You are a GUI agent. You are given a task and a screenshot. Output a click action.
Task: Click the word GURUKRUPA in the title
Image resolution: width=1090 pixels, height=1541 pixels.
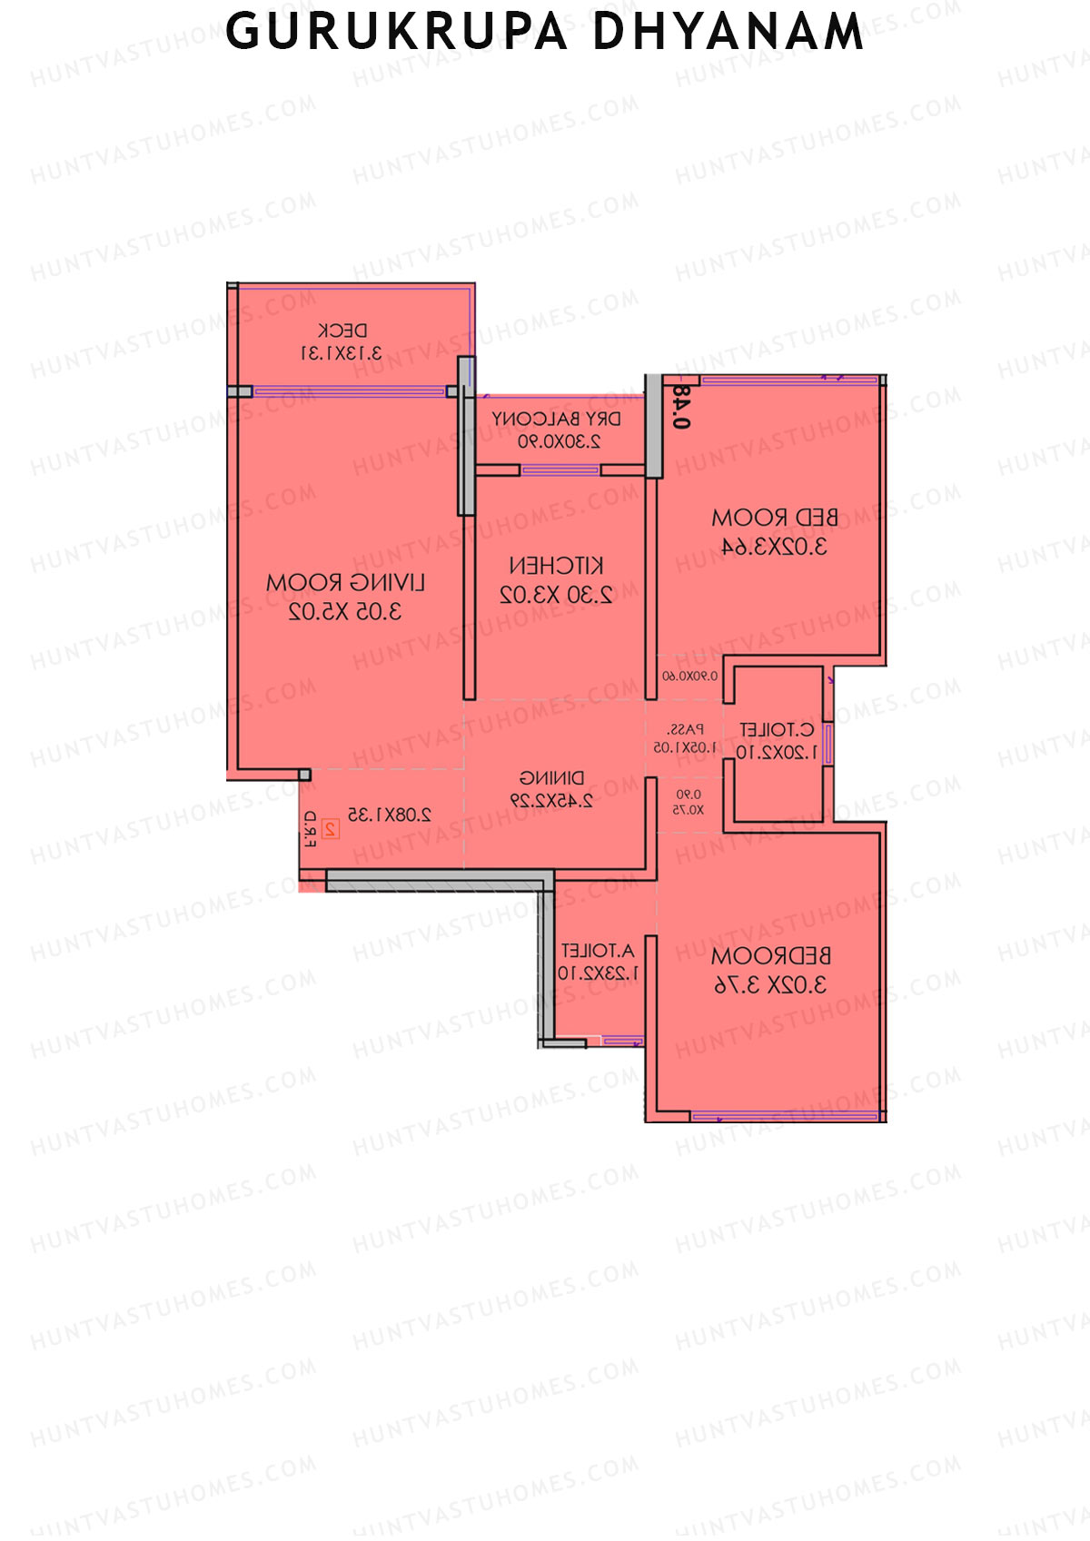click(x=396, y=32)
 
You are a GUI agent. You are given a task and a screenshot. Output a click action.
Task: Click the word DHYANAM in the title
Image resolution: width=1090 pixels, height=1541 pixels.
click(x=728, y=32)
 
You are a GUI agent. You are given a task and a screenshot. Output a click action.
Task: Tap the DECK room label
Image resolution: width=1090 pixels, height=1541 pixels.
click(x=342, y=331)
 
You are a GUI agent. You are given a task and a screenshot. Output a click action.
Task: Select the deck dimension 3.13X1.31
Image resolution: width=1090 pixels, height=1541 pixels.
click(x=342, y=353)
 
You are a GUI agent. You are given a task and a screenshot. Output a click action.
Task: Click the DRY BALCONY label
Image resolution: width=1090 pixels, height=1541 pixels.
click(x=557, y=420)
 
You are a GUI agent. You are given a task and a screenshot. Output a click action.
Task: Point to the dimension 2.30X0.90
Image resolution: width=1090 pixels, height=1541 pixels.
click(x=559, y=442)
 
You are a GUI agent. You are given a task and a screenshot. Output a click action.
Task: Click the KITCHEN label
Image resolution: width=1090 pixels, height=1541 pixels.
click(x=556, y=567)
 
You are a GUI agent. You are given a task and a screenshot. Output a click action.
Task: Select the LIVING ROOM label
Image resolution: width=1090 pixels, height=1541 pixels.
click(x=345, y=583)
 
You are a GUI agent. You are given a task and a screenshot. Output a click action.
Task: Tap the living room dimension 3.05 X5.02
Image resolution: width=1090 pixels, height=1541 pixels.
click(x=345, y=612)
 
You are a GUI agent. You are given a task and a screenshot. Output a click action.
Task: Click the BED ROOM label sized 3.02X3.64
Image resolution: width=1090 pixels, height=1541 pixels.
click(x=774, y=519)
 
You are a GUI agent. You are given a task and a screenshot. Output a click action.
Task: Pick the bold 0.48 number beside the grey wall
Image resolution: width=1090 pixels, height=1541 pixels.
click(x=681, y=407)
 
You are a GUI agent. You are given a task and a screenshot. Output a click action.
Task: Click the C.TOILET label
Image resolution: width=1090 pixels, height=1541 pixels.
click(x=777, y=730)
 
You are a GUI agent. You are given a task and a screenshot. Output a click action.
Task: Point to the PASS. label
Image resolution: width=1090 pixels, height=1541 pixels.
click(x=685, y=729)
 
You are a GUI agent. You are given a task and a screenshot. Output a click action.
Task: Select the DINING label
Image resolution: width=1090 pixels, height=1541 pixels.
click(x=552, y=778)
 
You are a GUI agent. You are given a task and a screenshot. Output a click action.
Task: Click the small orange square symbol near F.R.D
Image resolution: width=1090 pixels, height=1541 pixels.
click(x=331, y=829)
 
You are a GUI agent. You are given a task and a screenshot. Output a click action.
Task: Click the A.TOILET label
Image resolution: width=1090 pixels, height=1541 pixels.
click(x=598, y=952)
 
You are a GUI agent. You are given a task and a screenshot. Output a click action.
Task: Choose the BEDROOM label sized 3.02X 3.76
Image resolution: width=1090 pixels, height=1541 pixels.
click(x=770, y=956)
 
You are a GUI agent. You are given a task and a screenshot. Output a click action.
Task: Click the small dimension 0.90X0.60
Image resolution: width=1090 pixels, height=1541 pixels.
click(x=689, y=677)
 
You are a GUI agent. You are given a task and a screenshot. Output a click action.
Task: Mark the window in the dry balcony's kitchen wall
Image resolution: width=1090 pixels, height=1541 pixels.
click(x=560, y=470)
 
